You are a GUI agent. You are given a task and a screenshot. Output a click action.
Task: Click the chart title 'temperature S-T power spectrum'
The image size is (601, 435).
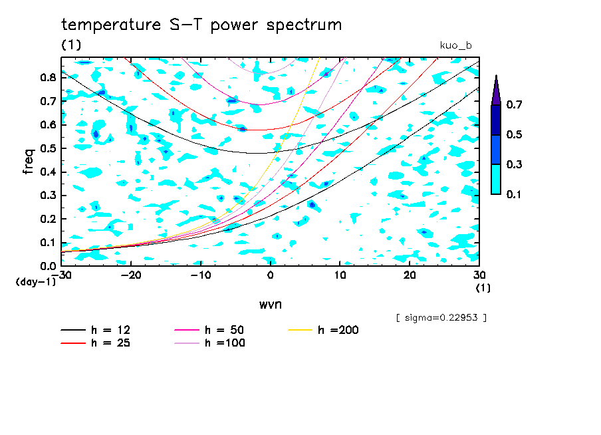[201, 25]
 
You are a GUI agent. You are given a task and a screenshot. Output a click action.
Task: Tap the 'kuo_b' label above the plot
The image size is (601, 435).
[456, 45]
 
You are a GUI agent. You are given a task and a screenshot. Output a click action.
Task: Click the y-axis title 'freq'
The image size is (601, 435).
[29, 161]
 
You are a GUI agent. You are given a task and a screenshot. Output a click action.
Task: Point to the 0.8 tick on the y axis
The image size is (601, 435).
[48, 77]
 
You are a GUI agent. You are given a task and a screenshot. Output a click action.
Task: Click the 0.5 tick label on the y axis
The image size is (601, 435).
[48, 148]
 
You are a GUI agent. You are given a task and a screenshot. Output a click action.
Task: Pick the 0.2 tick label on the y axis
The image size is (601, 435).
[48, 219]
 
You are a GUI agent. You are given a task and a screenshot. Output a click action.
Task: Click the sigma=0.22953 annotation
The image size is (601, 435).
[441, 318]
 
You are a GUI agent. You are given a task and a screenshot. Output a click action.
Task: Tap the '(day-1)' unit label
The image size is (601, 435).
[36, 281]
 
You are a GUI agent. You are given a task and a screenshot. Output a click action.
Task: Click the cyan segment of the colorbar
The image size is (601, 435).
[496, 179]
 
